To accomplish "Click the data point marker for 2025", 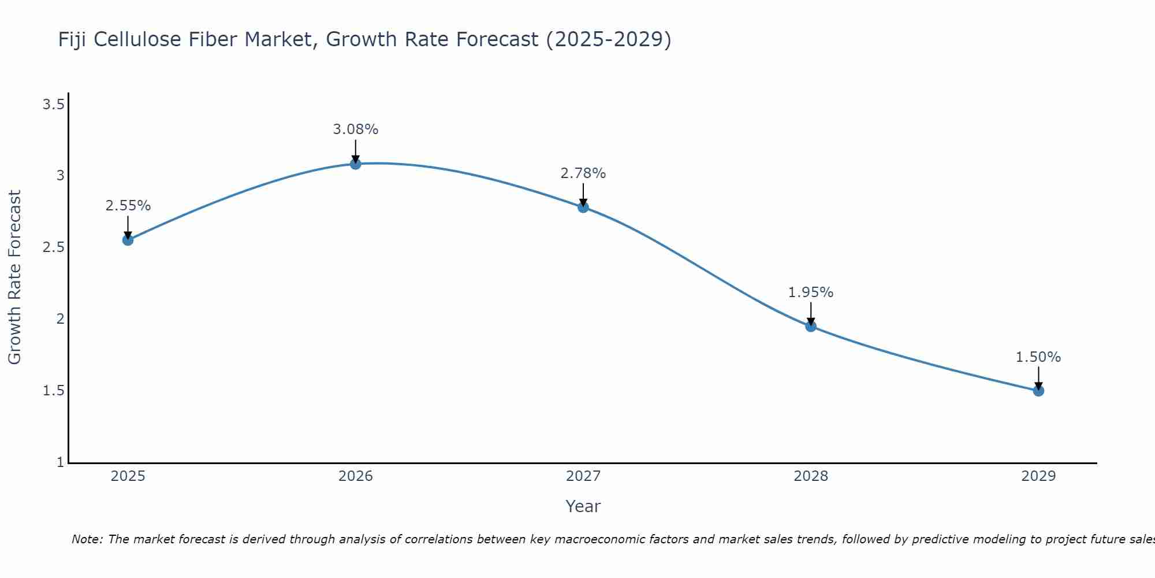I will tap(128, 240).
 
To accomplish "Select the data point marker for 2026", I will tap(356, 164).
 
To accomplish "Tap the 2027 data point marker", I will tap(583, 207).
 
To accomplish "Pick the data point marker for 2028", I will tap(811, 327).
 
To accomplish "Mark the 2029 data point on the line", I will tap(1038, 391).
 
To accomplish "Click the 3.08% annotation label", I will tap(356, 129).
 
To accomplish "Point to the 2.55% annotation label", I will tap(128, 206).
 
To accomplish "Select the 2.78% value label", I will tap(583, 173).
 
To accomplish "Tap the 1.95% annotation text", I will tap(811, 292).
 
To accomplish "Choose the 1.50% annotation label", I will tap(1038, 357).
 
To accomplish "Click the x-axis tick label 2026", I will tap(356, 476).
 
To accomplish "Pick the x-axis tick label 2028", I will tap(811, 476).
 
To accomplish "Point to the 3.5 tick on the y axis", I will tap(53, 105).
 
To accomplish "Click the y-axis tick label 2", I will tap(60, 319).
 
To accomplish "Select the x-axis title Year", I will tap(583, 506).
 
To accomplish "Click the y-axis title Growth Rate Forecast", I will tap(14, 277).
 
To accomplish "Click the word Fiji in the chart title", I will tap(72, 39).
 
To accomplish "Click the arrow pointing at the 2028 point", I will tap(811, 314).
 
